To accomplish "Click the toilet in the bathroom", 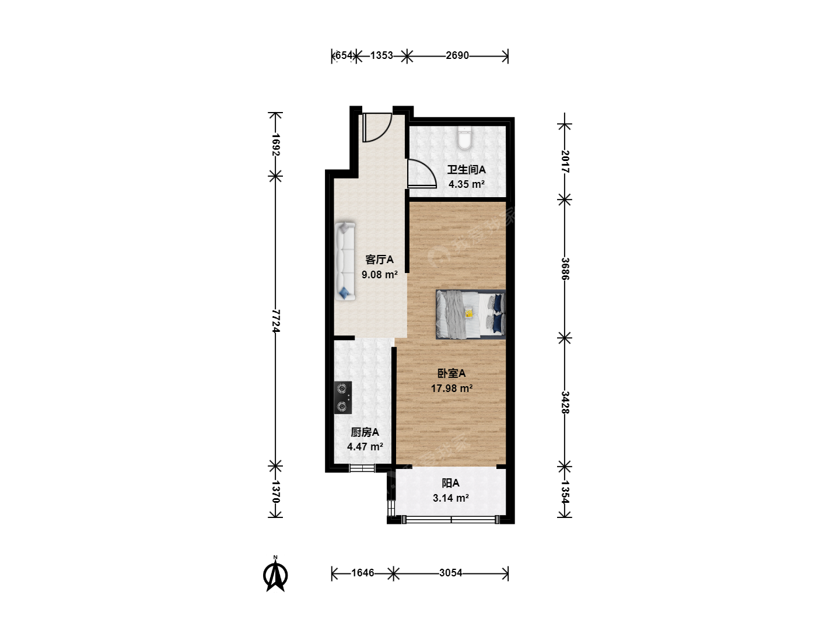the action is (464, 137).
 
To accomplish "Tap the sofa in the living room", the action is (345, 261).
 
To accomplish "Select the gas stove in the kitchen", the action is (342, 397).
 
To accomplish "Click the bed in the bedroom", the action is (471, 314).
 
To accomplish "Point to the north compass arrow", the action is (275, 576).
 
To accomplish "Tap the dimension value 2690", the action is (457, 56).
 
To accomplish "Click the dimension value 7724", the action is (275, 321).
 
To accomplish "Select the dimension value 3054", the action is (450, 573).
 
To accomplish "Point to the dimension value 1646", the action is (362, 573).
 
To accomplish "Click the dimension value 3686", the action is (565, 269).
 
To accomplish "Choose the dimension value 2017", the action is (565, 162).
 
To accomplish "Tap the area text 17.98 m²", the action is (452, 388).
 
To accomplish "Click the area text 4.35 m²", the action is (467, 184).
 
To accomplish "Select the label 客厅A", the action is (379, 260).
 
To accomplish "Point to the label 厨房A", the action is (365, 432).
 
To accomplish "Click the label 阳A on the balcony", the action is (450, 483).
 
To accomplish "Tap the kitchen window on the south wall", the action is (362, 468).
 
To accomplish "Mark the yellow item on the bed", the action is (469, 313).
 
